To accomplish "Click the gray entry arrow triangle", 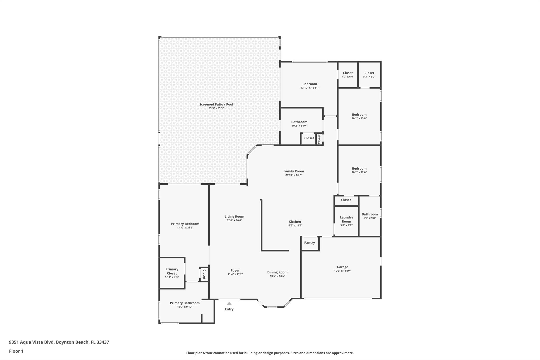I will coord(229,304).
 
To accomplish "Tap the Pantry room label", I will coord(309,243).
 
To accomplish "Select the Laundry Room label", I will coord(346,219).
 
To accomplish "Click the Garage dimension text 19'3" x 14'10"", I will coord(342,271).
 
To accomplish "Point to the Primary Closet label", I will coord(172,271).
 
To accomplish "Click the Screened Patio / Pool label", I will coord(216,104).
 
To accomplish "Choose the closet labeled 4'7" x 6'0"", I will coord(348,75).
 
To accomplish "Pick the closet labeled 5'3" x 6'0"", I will coord(369,75).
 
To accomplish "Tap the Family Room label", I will coord(293,171).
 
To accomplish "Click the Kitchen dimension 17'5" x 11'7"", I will coord(295,225).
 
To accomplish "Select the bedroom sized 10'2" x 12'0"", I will coord(359,170).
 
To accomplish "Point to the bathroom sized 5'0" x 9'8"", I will coord(370,216).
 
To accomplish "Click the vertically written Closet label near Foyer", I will coord(204,274).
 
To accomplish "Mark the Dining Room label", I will coord(277,272).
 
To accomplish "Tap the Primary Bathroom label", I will coord(185,303).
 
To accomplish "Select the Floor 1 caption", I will coord(16,351).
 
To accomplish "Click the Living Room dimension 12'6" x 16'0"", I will coord(234,220).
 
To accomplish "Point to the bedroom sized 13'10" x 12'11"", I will coord(310,86).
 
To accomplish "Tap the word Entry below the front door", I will coord(229,309).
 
